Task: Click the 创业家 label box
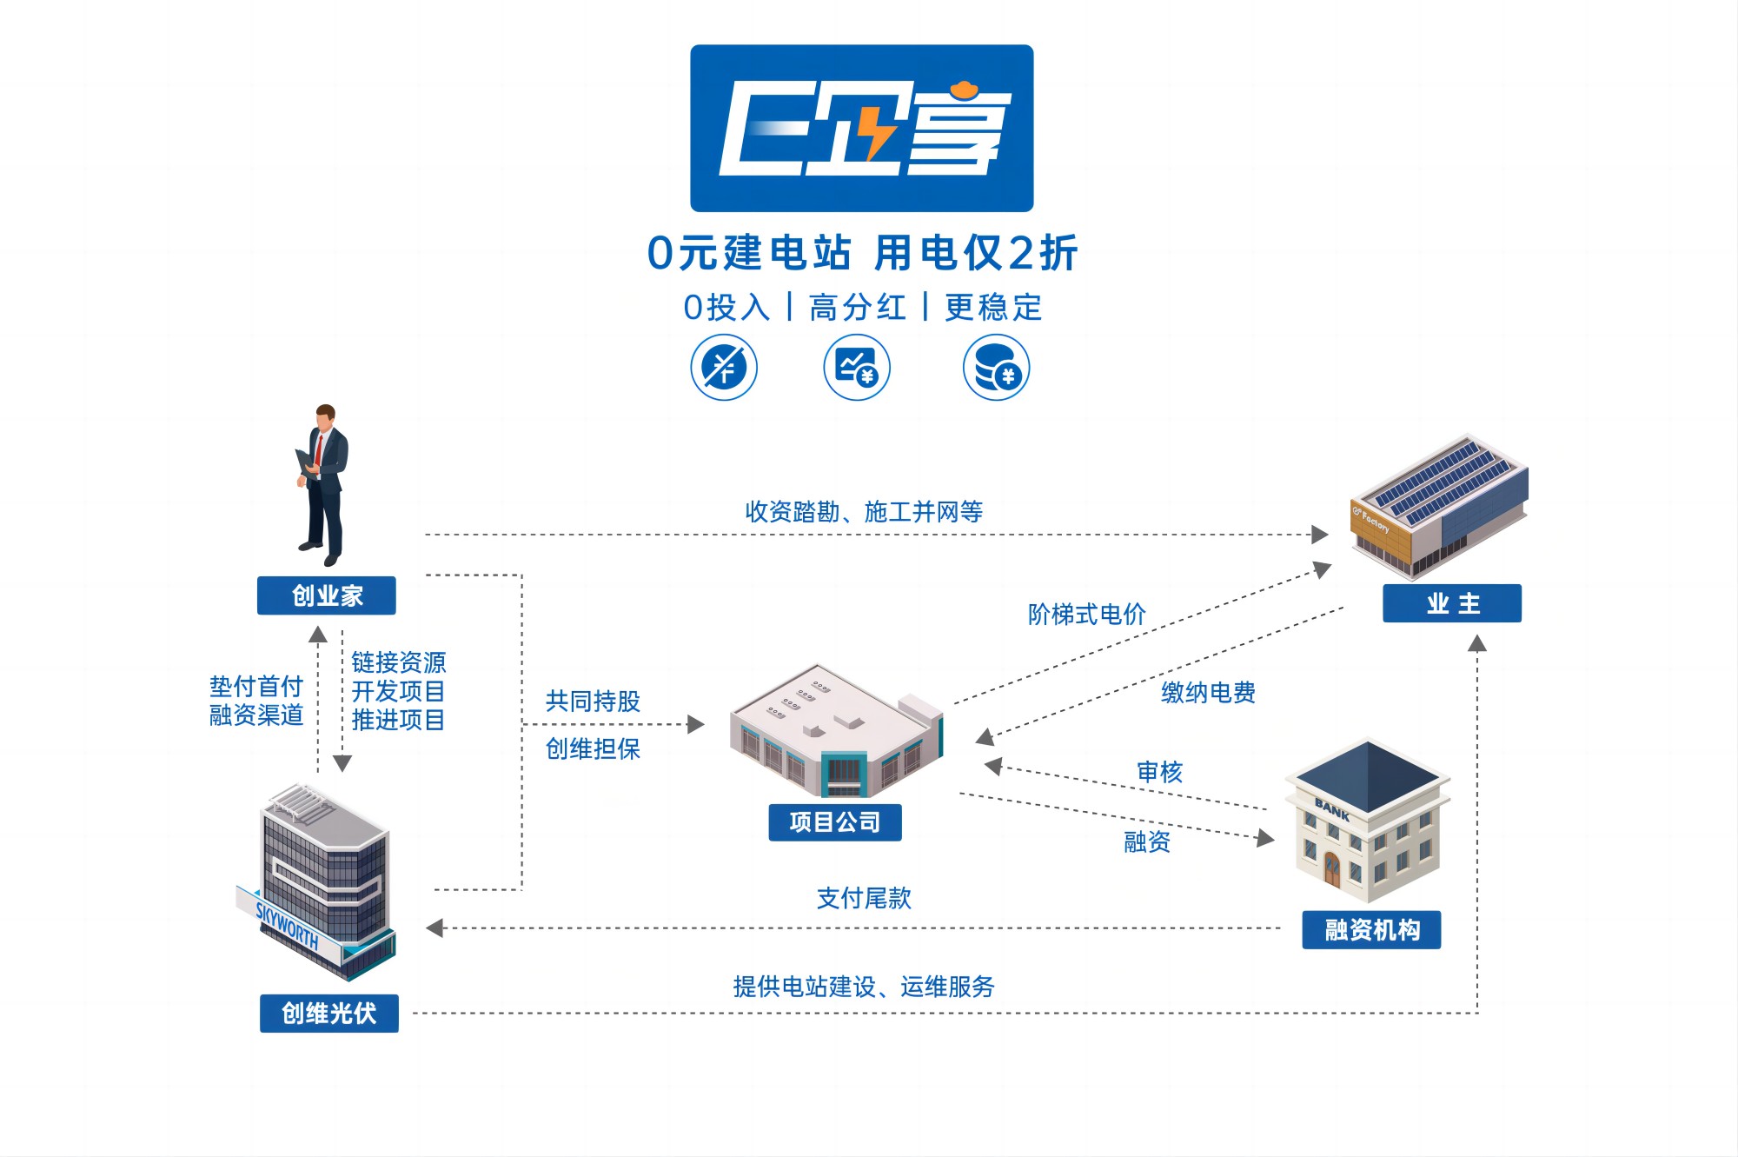[x=327, y=595]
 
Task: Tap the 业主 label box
[x=1452, y=603]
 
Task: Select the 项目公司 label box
[x=834, y=821]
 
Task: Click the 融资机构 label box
[x=1371, y=930]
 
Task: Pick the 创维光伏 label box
[x=328, y=1013]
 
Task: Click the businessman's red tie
[x=319, y=450]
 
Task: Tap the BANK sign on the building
[x=1331, y=810]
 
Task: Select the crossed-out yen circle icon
[x=724, y=368]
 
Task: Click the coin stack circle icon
[x=996, y=368]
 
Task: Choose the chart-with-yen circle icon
[x=857, y=368]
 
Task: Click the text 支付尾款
[x=864, y=898]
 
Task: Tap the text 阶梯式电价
[x=1086, y=615]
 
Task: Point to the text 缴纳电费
[x=1208, y=693]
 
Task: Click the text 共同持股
[x=593, y=702]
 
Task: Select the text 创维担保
[x=593, y=748]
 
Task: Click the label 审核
[x=1159, y=772]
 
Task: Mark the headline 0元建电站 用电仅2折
[x=862, y=253]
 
